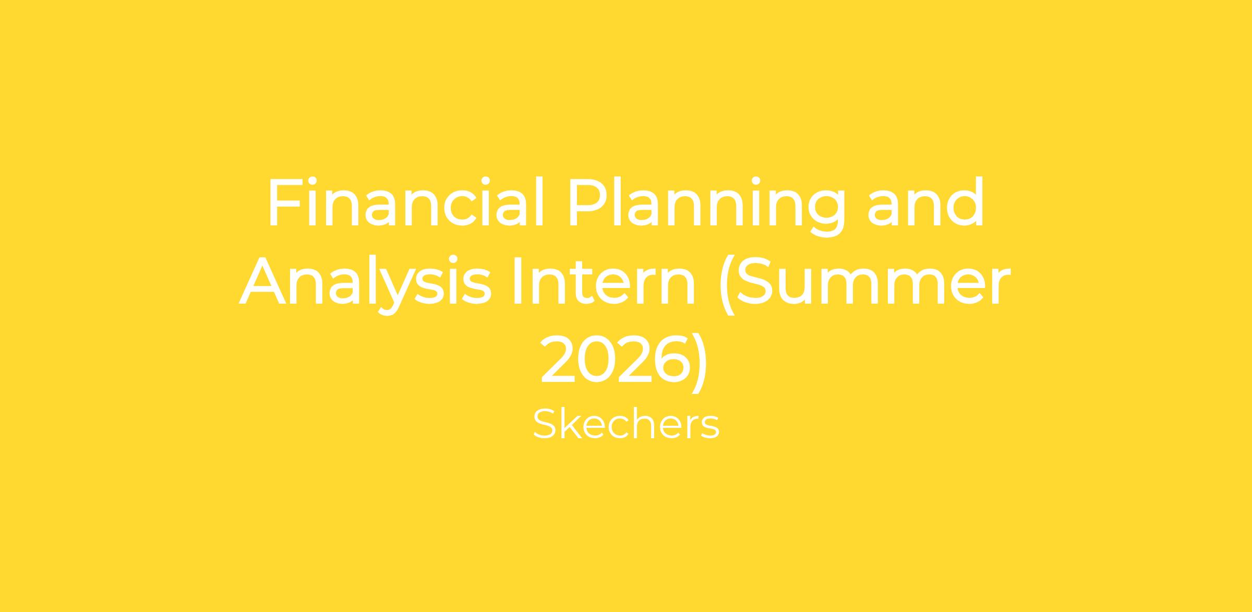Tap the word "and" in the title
pos(925,202)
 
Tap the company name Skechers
pos(626,424)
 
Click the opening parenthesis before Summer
pos(727,285)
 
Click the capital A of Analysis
pos(262,280)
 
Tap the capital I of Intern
pos(517,280)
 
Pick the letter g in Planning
pos(825,214)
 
